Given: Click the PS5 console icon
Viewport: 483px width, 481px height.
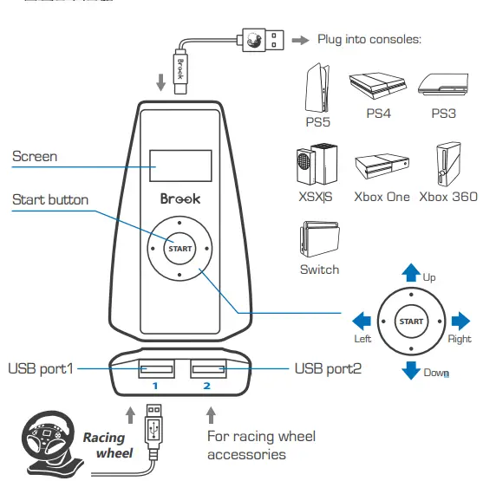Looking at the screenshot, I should click(x=317, y=87).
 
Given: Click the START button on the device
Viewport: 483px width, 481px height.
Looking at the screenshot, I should click(x=179, y=249).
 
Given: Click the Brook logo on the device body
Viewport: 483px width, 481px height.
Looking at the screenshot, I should click(x=179, y=199).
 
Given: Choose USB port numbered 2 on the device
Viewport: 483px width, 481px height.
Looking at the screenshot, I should click(x=207, y=371).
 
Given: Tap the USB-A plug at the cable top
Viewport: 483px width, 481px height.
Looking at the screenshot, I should click(x=259, y=39).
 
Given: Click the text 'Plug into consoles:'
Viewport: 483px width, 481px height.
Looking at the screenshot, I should click(x=369, y=40).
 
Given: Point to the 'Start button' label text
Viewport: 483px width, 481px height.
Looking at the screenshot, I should click(x=50, y=200).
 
